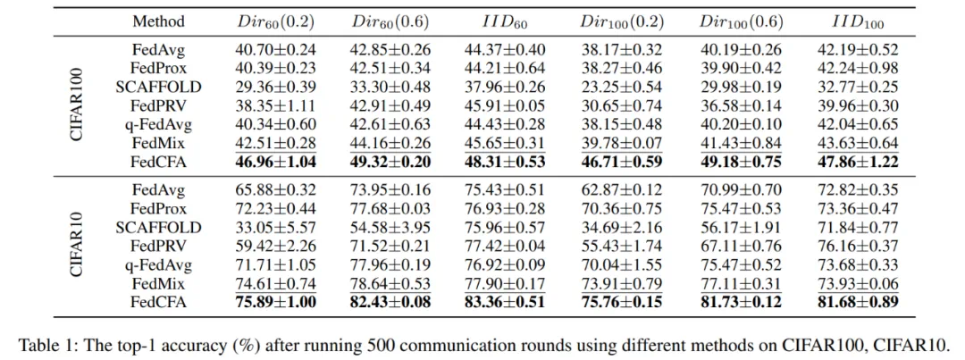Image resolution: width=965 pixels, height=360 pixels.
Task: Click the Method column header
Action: [158, 21]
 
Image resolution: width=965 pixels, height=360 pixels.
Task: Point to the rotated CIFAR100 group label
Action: [78, 105]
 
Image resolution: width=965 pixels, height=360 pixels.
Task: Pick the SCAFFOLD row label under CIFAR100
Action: [158, 87]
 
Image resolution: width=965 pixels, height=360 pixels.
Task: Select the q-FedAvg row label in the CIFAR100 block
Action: [158, 123]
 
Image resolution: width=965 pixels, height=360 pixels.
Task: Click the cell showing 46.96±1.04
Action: [274, 161]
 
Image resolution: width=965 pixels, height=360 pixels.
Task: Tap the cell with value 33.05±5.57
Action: [274, 227]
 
